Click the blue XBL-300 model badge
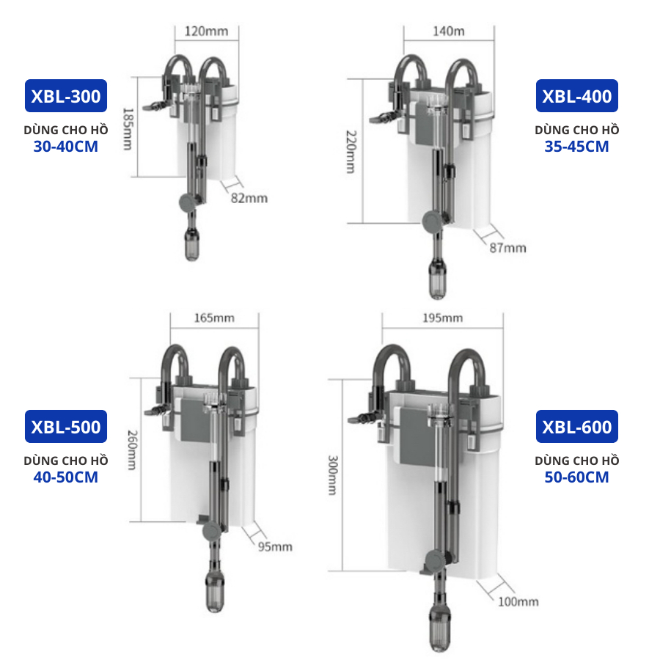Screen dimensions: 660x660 [66, 95]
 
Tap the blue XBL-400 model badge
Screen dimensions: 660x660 [576, 95]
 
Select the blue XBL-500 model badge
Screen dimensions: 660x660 [66, 426]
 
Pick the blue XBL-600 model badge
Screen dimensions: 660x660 [576, 426]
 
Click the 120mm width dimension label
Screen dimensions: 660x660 [206, 31]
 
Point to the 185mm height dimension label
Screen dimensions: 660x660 [128, 129]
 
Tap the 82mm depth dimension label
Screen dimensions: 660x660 [249, 198]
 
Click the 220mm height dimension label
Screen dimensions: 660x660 [351, 152]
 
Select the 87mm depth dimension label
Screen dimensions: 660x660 [507, 248]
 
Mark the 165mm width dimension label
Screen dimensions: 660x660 [214, 318]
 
